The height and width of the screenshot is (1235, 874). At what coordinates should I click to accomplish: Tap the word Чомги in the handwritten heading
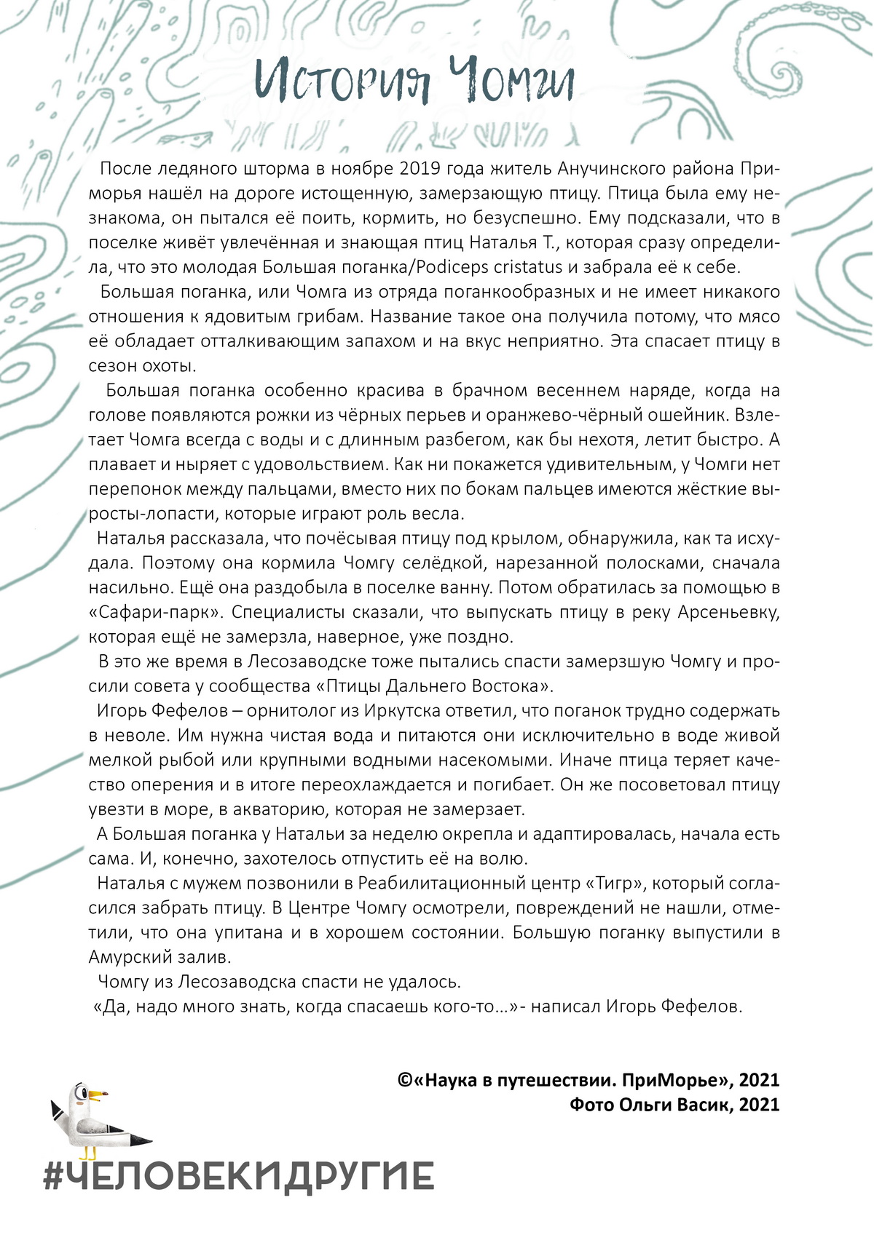512,82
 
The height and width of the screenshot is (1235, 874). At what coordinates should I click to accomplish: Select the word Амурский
132,956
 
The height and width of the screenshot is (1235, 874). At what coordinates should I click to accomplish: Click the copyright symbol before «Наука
406,1080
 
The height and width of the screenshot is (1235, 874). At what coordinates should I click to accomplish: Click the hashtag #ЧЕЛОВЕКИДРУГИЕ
239,1176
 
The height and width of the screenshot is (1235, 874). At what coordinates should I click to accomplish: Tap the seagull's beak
101,1095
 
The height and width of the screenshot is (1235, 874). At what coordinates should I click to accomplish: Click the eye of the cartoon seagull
81,1094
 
